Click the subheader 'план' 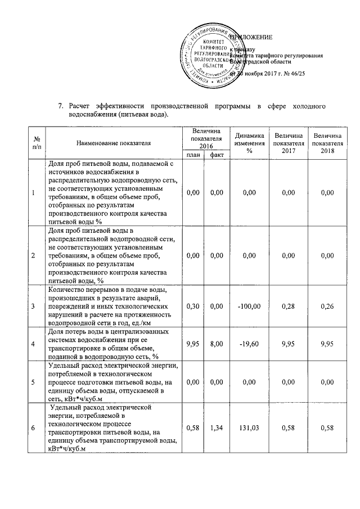[x=193, y=155]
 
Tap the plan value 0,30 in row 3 [x=193, y=307]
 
